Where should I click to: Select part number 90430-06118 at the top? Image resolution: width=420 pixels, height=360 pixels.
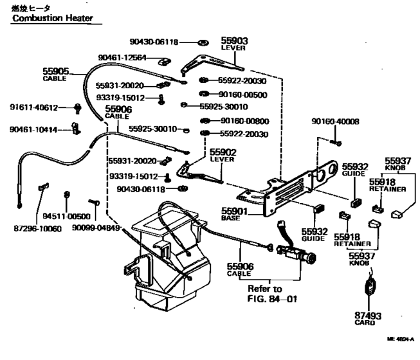coord(154,42)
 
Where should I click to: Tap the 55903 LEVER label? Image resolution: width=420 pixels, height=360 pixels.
coord(234,43)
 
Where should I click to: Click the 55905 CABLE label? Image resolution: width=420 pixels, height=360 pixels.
coord(56,74)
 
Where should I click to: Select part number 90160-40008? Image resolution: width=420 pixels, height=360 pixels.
coord(335,121)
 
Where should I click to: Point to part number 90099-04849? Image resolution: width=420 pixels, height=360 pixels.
coord(96,228)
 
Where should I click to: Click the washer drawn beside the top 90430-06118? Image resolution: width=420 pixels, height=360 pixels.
coord(203,42)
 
